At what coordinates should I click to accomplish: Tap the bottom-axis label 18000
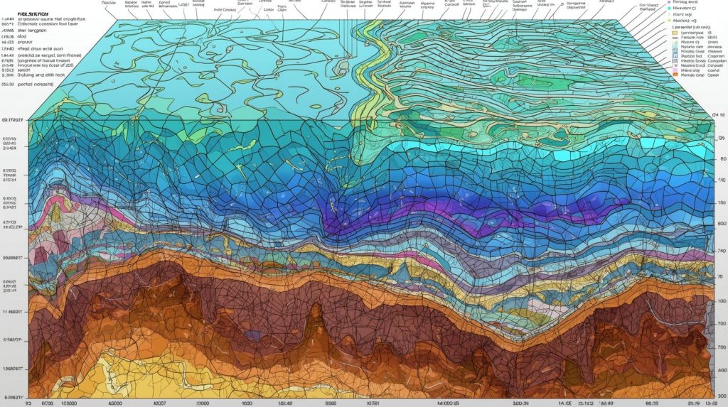[x=68, y=401]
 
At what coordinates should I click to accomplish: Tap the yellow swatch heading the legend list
[x=675, y=33]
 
